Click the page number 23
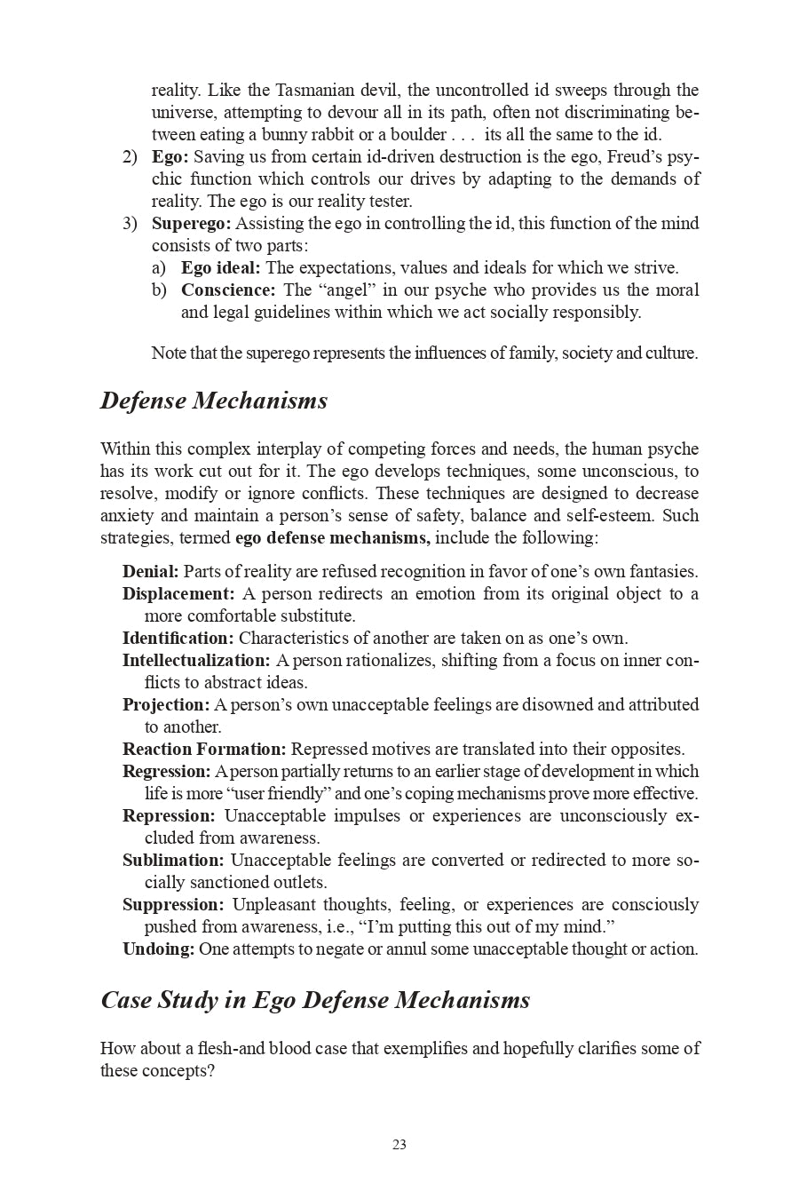pos(399,1145)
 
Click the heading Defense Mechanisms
pos(214,401)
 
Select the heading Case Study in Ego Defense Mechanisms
pos(315,1000)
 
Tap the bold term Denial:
pos(150,571)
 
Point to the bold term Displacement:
pos(178,593)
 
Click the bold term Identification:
pos(178,638)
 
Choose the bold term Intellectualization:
pos(196,660)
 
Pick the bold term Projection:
pos(166,704)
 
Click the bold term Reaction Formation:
pos(204,749)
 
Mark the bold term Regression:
pos(167,771)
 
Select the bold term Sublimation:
pos(173,860)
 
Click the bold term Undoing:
pos(158,949)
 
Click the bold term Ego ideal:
pos(220,267)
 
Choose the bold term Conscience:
pos(228,290)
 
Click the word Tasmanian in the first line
pos(316,90)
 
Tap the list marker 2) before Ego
pos(130,156)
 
